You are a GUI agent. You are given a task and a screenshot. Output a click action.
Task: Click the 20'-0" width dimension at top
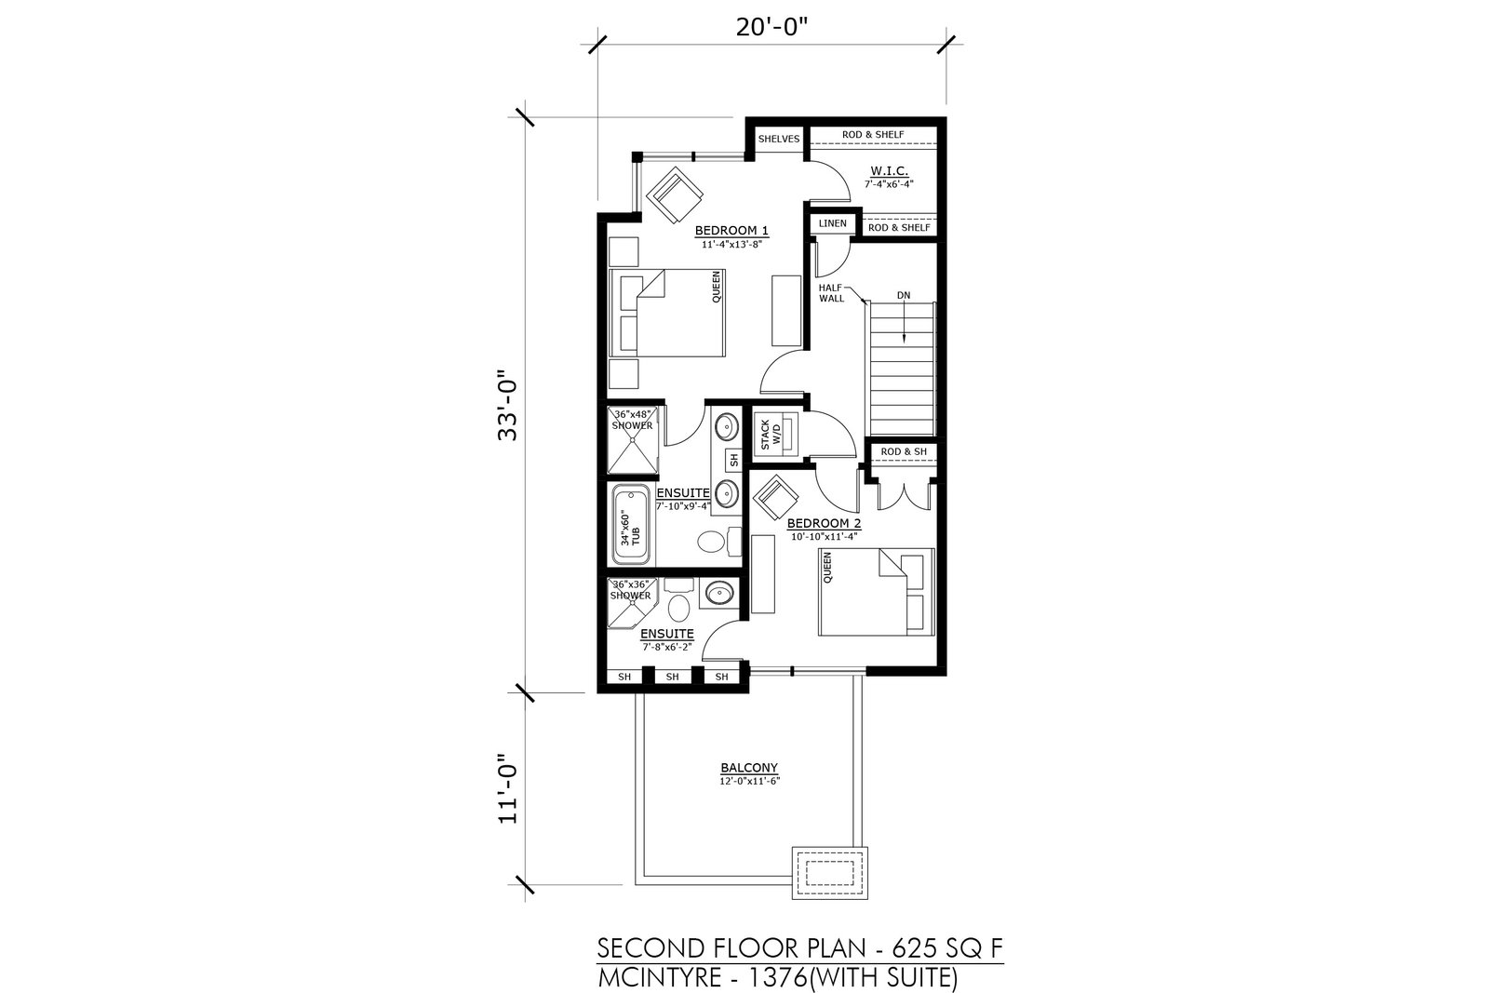(x=771, y=29)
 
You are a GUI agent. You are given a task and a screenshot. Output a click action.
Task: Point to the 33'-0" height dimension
(x=509, y=406)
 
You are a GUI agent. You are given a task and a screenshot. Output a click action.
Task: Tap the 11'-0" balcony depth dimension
(x=509, y=789)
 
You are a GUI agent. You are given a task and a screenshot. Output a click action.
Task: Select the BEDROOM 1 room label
(x=731, y=231)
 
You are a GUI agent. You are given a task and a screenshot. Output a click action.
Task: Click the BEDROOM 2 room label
(x=825, y=524)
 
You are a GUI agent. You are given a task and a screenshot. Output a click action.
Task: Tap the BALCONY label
(x=749, y=768)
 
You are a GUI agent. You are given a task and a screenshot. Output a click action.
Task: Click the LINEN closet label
(x=832, y=223)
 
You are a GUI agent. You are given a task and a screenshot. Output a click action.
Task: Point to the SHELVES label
(x=778, y=139)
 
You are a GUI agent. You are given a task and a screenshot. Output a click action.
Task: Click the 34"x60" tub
(x=631, y=524)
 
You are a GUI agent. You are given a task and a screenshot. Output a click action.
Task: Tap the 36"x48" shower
(x=633, y=440)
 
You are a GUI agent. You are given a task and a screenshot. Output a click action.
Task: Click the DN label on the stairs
(x=904, y=295)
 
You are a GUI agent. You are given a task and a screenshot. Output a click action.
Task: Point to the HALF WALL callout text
(x=831, y=293)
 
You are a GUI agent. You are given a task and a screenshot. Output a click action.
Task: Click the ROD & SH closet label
(x=904, y=451)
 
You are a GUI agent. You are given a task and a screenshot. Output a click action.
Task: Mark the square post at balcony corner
(x=829, y=873)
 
